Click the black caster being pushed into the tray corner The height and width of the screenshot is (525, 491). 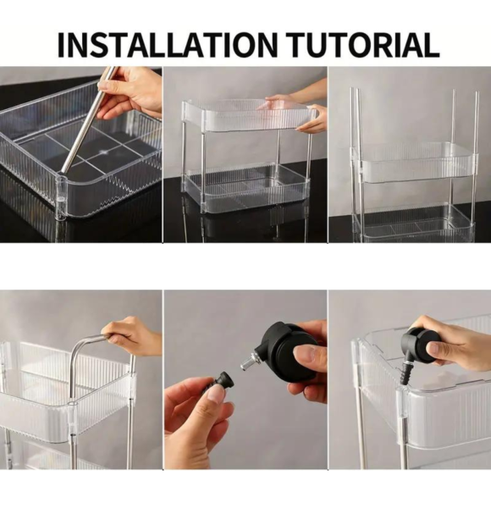click(419, 343)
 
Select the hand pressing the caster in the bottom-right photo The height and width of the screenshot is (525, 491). click(457, 343)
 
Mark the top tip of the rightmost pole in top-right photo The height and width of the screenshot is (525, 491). click(476, 93)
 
